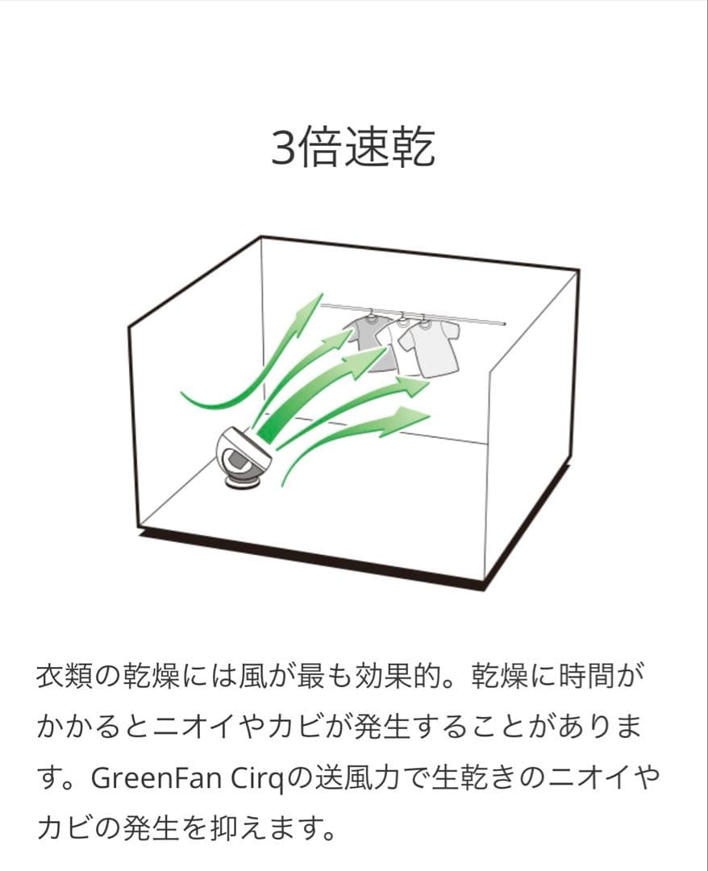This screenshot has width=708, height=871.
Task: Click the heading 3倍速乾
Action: tap(353, 147)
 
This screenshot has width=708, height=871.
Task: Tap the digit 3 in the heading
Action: tap(283, 148)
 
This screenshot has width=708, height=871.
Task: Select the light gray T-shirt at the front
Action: tap(430, 350)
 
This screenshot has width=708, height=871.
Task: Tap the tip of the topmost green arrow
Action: tap(322, 294)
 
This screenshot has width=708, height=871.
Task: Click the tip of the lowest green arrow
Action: tap(430, 414)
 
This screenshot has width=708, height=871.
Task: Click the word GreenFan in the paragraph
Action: tap(156, 778)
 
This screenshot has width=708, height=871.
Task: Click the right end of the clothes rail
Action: tap(506, 323)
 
